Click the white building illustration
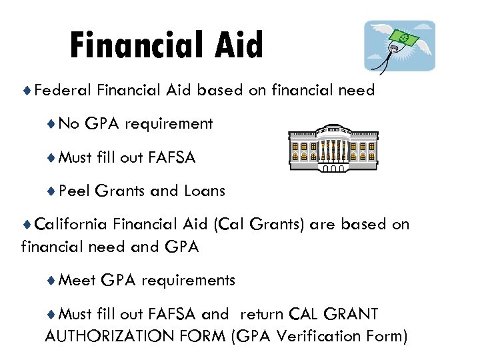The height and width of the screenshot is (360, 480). click(x=334, y=148)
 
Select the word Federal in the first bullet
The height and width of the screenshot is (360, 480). click(x=63, y=90)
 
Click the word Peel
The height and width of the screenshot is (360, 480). click(x=74, y=191)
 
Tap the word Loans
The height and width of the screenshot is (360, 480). click(x=205, y=191)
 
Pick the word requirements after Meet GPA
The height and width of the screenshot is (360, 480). click(x=188, y=280)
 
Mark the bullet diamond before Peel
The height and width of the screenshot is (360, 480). click(x=51, y=191)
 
